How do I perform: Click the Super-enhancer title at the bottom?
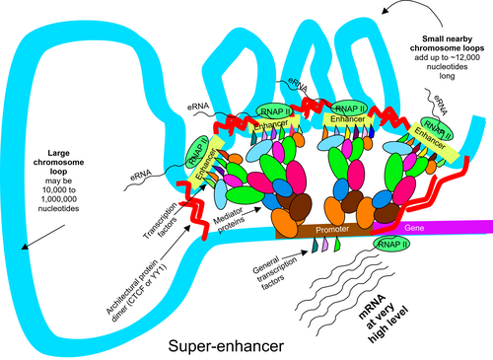226,346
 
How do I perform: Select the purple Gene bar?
433,227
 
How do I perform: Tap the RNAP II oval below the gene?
391,244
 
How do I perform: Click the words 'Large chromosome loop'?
58,162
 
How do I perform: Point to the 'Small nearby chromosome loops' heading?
447,43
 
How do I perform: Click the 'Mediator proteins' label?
230,220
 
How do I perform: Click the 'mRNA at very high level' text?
383,319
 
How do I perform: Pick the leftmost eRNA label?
141,175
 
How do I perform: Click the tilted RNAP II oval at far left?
197,152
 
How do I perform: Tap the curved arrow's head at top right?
385,11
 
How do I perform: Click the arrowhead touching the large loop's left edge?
24,247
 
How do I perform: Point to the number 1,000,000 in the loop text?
59,199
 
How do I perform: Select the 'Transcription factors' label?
161,220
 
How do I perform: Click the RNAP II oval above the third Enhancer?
350,108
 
